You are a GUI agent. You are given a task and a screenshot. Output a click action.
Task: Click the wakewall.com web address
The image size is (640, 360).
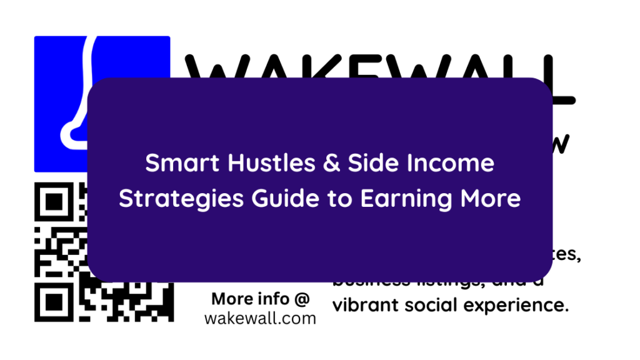point(260,318)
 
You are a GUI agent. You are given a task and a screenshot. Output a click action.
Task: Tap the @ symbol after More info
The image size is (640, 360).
point(301,299)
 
